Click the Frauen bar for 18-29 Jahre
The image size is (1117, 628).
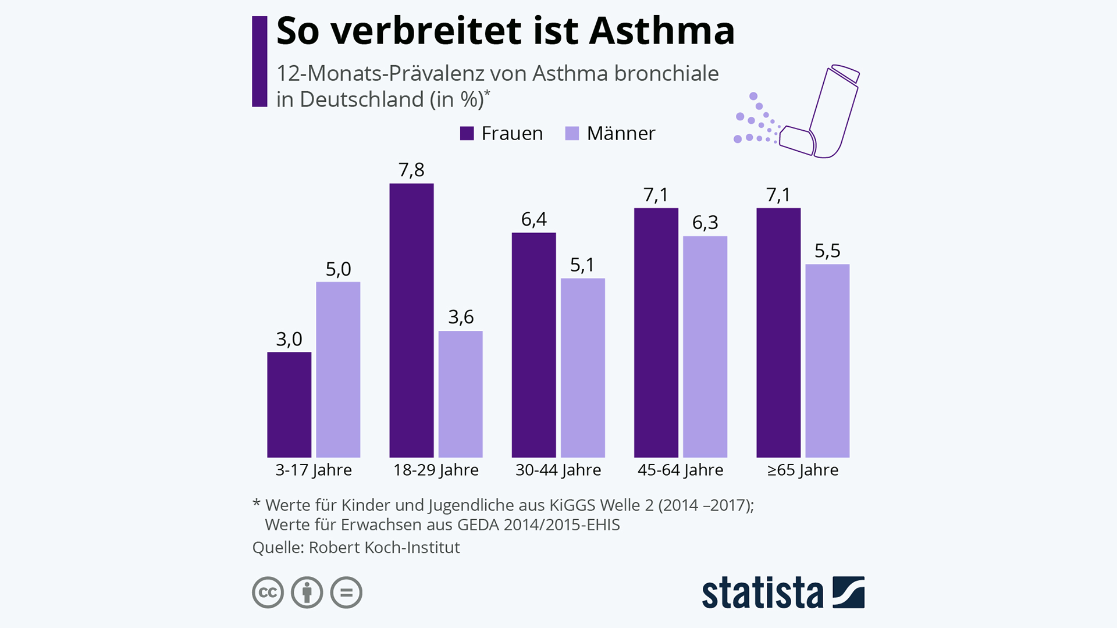(x=411, y=320)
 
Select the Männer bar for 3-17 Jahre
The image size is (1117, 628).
(x=338, y=369)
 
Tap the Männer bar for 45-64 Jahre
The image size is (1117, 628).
(x=705, y=347)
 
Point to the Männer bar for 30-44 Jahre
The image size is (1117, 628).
(x=583, y=367)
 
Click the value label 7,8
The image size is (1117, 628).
(x=411, y=170)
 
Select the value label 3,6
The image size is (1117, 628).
(x=461, y=317)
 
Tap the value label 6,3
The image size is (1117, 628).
(x=705, y=222)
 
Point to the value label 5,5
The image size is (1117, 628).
(x=827, y=251)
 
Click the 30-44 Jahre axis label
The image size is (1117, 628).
(x=558, y=470)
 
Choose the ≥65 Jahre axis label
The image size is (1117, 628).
(x=803, y=470)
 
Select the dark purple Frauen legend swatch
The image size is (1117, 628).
(x=467, y=134)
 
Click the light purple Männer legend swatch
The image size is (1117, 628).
(x=572, y=134)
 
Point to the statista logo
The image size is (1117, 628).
(x=783, y=593)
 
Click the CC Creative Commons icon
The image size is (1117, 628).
(x=268, y=593)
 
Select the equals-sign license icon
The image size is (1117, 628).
(x=346, y=593)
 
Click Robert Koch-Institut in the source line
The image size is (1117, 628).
(x=384, y=547)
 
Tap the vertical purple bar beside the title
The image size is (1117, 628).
(x=259, y=62)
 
